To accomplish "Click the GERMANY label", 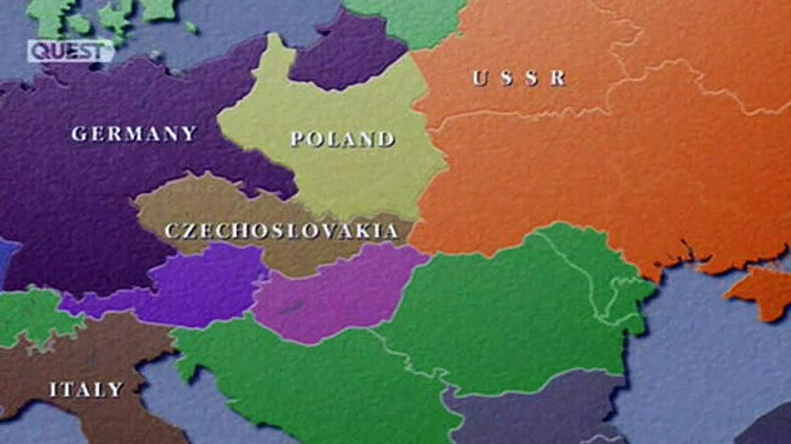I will pyautogui.click(x=134, y=133).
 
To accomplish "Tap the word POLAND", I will pyautogui.click(x=342, y=139).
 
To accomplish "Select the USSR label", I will pyautogui.click(x=519, y=78).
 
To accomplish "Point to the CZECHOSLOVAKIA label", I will pyautogui.click(x=281, y=231).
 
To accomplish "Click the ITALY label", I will pyautogui.click(x=86, y=389).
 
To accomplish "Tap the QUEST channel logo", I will pyautogui.click(x=70, y=51).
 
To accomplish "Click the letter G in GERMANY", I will pyautogui.click(x=78, y=134).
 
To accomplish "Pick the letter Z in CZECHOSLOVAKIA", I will pyautogui.click(x=187, y=232).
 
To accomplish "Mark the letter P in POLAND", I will pyautogui.click(x=298, y=139).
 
